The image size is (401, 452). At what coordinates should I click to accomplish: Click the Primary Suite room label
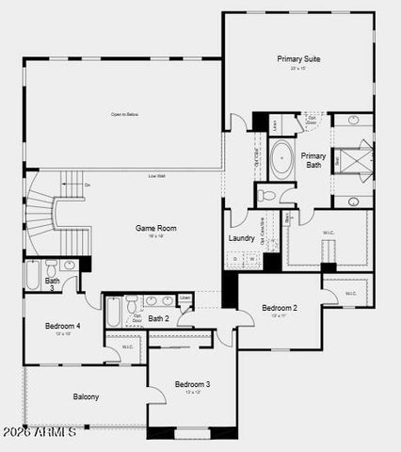(298, 58)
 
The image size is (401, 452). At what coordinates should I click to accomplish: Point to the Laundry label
(241, 238)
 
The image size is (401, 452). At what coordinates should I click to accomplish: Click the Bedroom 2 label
(280, 308)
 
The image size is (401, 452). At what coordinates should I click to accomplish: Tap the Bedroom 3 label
(192, 383)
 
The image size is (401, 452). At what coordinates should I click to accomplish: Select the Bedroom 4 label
(63, 326)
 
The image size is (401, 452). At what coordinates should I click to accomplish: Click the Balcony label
(86, 396)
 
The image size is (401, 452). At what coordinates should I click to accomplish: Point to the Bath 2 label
(158, 318)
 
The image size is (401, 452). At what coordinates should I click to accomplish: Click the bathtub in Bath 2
(115, 311)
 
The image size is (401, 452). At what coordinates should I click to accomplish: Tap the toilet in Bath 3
(46, 266)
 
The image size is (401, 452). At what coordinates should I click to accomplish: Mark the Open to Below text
(124, 115)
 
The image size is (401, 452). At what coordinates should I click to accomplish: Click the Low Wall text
(156, 176)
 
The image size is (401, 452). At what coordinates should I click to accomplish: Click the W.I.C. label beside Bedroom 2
(350, 293)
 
